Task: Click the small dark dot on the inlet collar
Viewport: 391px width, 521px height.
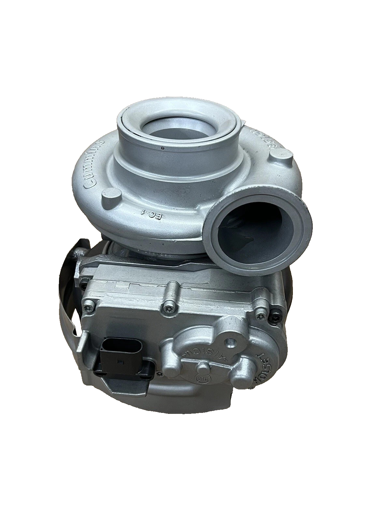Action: click(162, 149)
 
